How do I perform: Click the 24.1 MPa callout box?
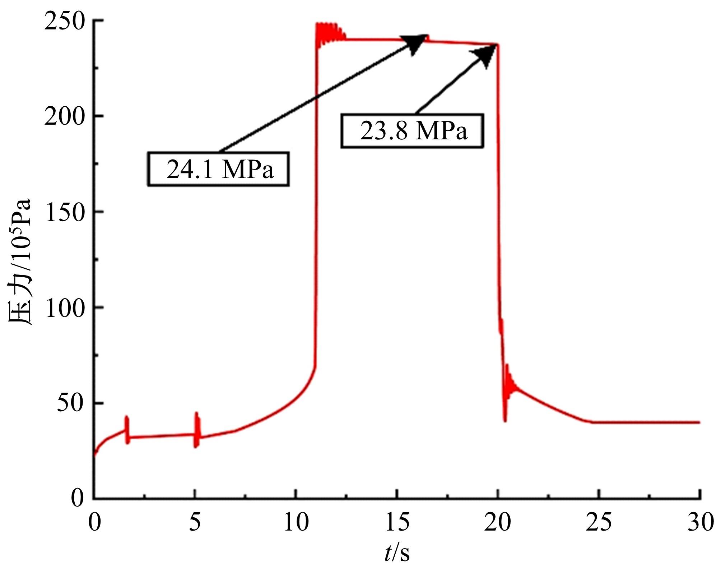coord(218,169)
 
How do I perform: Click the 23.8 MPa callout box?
coord(412,131)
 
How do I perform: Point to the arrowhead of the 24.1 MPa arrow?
coord(417,42)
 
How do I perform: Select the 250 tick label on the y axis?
coord(66,21)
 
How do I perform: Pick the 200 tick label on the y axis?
coord(66,116)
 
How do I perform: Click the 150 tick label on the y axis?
coord(66,212)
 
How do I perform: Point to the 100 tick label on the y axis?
coord(66,307)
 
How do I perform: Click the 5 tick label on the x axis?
coord(195,522)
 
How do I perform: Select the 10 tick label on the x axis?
coord(296,522)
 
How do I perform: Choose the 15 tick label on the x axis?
coord(397,522)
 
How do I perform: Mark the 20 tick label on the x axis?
coord(498,522)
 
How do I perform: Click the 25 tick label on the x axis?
coord(599,522)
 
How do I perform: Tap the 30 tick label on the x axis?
coord(699,522)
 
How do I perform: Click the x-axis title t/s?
coord(396,553)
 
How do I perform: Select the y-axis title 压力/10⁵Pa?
coord(21,262)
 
